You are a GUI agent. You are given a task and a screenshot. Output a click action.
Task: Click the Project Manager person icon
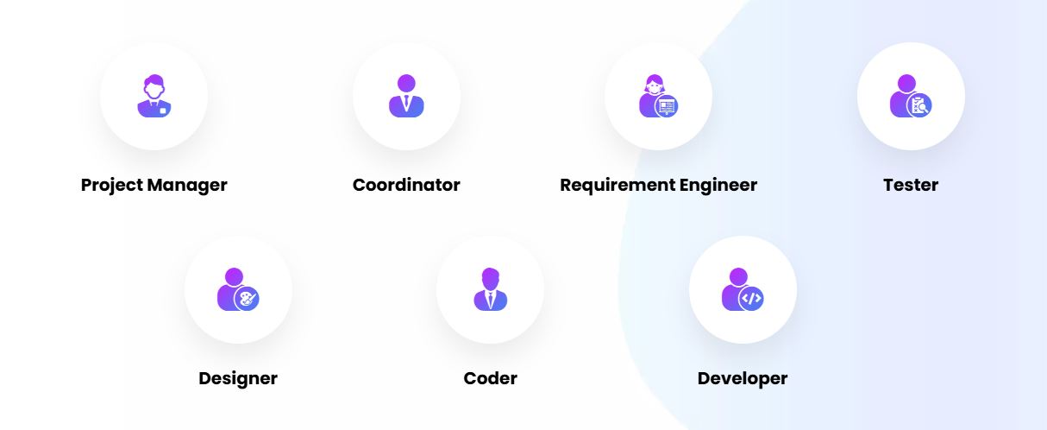[154, 96]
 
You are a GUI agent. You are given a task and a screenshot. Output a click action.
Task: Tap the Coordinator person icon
[406, 96]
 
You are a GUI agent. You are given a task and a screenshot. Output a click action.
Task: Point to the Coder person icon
[490, 289]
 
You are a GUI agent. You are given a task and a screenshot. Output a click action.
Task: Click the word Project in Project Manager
[111, 185]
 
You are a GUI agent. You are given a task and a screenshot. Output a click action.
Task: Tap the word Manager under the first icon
[187, 185]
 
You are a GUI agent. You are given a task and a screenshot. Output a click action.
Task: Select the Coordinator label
[406, 185]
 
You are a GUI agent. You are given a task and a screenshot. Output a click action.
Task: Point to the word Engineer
[718, 185]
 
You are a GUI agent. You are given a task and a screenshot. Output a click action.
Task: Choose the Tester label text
[911, 185]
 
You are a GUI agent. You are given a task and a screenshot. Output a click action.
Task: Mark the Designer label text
[238, 378]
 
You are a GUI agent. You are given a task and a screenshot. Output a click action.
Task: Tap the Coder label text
[490, 378]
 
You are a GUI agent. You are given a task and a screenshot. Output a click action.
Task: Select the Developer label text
[743, 378]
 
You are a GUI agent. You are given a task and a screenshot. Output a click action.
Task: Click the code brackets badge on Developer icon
[752, 299]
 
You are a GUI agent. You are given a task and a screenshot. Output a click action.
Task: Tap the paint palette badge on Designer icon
[248, 299]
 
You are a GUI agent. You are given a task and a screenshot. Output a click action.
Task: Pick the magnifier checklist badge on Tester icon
[920, 105]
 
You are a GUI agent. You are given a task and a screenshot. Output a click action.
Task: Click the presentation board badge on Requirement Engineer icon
[667, 105]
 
